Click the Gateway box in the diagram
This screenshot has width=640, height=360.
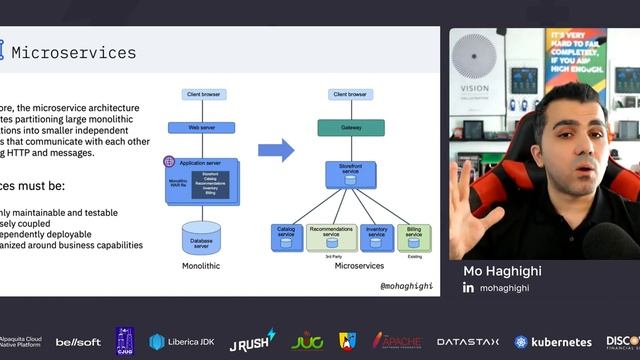click(350, 128)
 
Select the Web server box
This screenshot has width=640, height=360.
click(210, 128)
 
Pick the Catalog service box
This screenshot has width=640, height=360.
click(286, 236)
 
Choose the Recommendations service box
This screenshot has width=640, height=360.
click(331, 236)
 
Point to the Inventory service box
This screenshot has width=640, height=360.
click(376, 236)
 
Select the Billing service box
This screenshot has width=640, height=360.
click(414, 236)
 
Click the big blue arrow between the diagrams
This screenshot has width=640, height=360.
click(276, 150)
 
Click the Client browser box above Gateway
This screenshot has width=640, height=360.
click(350, 94)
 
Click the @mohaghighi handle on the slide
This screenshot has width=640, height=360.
click(407, 285)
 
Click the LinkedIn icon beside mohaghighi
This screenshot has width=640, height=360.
click(468, 288)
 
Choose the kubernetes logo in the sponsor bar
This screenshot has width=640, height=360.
click(553, 341)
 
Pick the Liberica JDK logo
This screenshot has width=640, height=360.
click(182, 341)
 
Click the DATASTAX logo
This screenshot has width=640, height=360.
click(469, 341)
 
